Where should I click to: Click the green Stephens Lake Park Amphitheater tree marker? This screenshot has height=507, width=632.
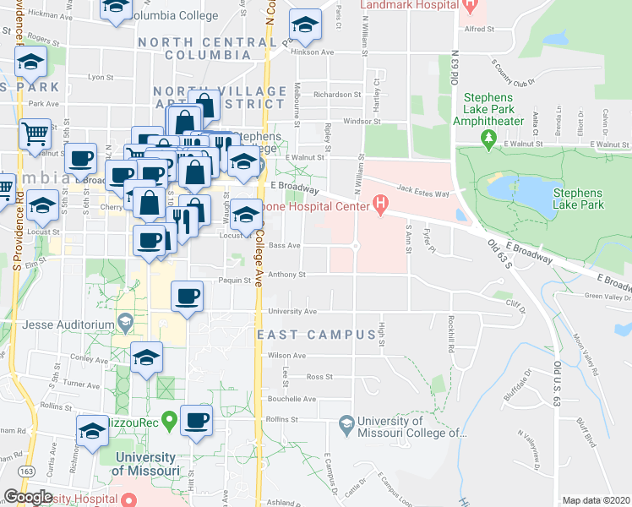click(487, 137)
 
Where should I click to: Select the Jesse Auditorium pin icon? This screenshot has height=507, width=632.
click(126, 323)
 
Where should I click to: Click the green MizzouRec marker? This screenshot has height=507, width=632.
click(169, 419)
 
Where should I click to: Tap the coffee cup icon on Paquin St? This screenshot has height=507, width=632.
click(187, 296)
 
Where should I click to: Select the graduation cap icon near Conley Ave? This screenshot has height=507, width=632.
click(146, 357)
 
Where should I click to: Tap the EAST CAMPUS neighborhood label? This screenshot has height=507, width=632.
click(315, 335)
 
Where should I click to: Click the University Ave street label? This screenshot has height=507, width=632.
click(291, 311)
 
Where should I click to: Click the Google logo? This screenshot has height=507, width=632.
click(28, 497)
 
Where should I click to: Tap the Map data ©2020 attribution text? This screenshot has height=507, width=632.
click(596, 500)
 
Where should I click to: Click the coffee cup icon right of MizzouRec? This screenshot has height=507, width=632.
click(197, 421)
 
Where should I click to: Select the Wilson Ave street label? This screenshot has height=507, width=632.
click(286, 356)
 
